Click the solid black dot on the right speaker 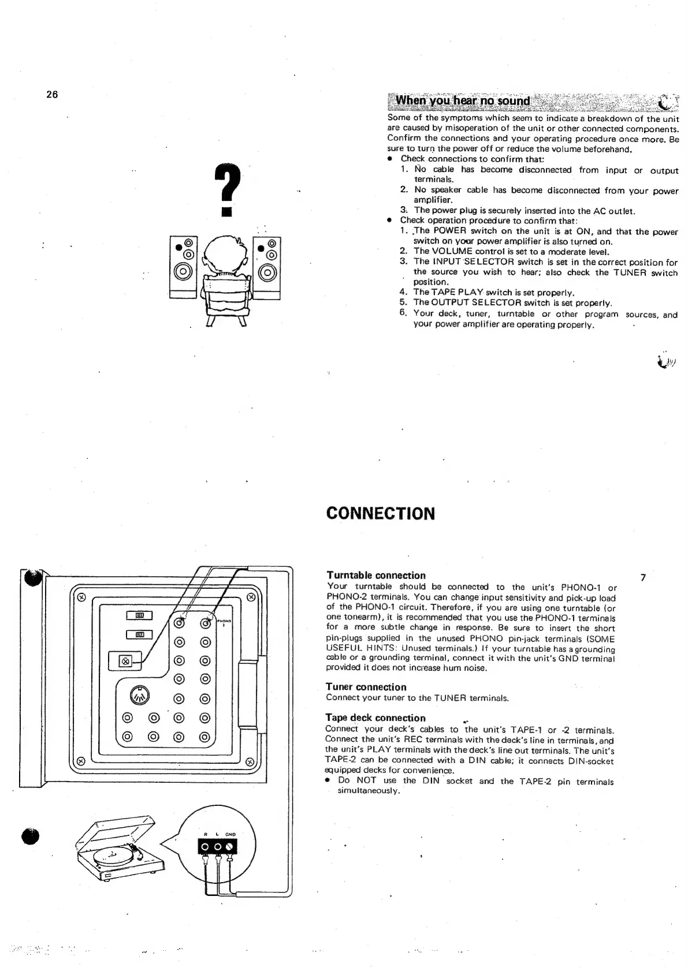click(261, 248)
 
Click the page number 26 click(52, 95)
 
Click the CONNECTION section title click(380, 514)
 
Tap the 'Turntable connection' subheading click(375, 575)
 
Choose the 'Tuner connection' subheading click(366, 687)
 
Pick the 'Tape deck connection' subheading click(375, 718)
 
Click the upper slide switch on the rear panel click(139, 616)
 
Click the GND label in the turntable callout click(230, 834)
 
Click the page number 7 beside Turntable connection click(644, 577)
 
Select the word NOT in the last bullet click(366, 780)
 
